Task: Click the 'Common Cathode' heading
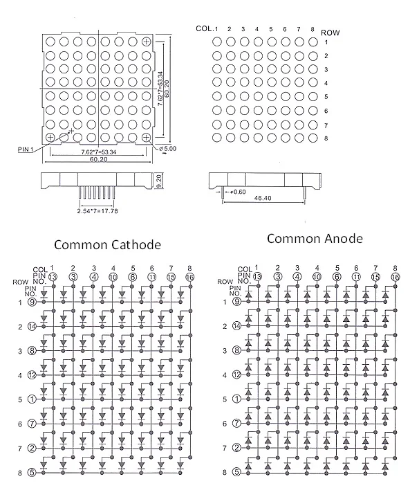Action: click(108, 245)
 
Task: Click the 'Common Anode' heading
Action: click(315, 239)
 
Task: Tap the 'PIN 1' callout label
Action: click(26, 150)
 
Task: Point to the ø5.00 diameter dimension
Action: click(167, 148)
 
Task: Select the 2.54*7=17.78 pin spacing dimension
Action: click(97, 211)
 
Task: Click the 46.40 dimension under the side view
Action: click(263, 198)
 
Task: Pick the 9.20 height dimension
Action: click(158, 181)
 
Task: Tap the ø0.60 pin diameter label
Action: click(238, 192)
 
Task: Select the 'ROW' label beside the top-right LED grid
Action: click(330, 33)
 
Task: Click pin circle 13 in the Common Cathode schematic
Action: click(53, 277)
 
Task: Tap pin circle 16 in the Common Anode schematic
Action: click(395, 277)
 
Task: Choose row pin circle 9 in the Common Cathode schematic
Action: click(32, 302)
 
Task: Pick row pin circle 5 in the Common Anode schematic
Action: click(237, 472)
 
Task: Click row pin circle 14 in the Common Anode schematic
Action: click(237, 326)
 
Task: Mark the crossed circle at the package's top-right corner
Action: click(146, 42)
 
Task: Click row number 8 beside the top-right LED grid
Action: click(326, 138)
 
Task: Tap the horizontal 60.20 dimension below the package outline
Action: click(99, 159)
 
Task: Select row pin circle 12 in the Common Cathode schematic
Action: click(32, 374)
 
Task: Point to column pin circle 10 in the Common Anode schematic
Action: click(317, 277)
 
